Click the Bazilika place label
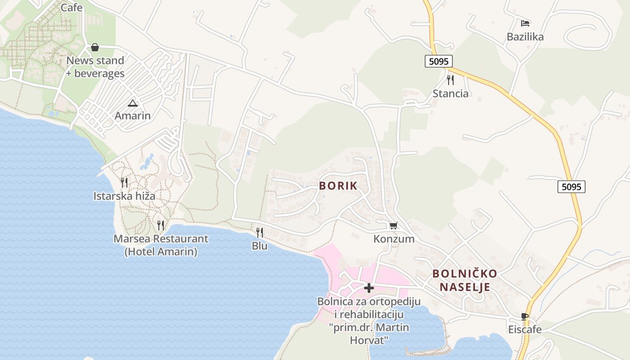coord(525,37)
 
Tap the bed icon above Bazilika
coord(525,23)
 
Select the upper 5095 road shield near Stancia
coord(438,61)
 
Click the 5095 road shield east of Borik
coord(571,186)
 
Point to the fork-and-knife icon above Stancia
coord(450,80)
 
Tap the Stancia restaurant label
coord(450,94)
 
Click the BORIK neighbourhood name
coord(338,186)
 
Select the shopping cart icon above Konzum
coord(394,225)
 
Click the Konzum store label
coord(394,239)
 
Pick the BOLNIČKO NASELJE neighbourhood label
coord(465,280)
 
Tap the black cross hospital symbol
coord(369,288)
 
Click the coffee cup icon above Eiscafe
coord(524,316)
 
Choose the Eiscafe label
coord(525,330)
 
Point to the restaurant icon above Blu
coord(260,232)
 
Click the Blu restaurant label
coord(260,246)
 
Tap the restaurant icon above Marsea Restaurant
coord(161,225)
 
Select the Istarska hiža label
coord(124,196)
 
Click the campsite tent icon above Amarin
coord(133,103)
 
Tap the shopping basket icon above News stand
coord(95,47)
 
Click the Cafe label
coord(72,7)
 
